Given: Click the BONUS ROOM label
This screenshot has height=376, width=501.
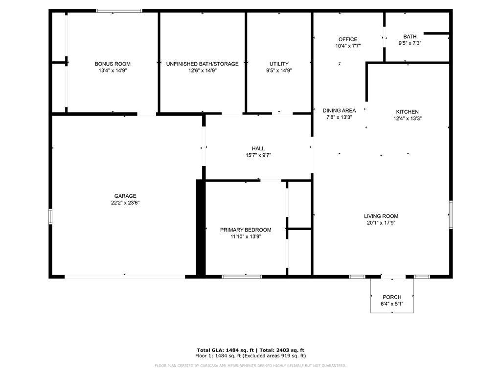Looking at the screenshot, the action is click(x=113, y=64).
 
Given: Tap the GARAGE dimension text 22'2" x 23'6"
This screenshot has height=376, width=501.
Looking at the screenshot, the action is click(x=125, y=203).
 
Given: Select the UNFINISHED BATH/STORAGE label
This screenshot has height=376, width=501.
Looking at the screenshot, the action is click(x=202, y=64).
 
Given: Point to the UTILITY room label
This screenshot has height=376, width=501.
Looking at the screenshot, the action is click(x=279, y=64).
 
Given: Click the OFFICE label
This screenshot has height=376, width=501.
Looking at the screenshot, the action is click(x=348, y=39).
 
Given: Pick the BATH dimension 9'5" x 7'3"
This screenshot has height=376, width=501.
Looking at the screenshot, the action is click(x=410, y=43).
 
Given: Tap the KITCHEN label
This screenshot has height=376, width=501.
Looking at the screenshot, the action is click(x=408, y=112).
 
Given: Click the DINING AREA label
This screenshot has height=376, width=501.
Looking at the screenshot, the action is click(x=340, y=111).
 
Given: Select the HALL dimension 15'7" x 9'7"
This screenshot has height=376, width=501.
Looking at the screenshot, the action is click(x=258, y=155).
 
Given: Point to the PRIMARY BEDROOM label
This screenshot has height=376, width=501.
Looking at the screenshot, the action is click(x=246, y=230).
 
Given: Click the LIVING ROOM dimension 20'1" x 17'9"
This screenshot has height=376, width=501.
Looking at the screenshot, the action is click(x=381, y=223).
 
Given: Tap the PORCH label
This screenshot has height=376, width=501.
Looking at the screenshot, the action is click(x=392, y=297).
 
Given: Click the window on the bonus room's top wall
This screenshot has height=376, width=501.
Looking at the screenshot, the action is click(x=119, y=11).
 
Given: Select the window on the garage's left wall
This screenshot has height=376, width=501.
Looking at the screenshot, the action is click(x=50, y=216).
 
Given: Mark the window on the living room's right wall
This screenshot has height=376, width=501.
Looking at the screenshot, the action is click(x=451, y=214).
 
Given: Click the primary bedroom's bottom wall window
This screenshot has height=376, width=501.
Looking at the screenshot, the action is click(x=242, y=277).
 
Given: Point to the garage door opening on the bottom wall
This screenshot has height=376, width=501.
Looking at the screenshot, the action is click(x=125, y=277).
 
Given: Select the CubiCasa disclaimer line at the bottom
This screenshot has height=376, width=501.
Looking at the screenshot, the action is click(x=250, y=366).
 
